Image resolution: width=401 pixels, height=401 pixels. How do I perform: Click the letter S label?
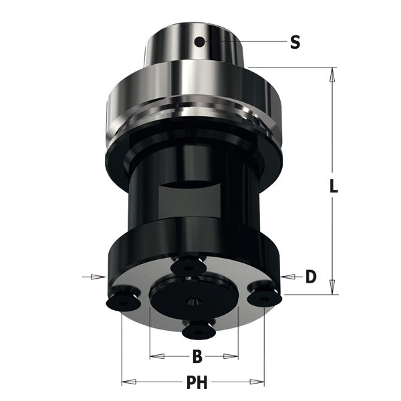[x=295, y=43]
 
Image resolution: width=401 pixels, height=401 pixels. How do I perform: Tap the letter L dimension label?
[x=333, y=188]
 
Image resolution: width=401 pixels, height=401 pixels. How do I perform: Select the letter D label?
[x=311, y=276]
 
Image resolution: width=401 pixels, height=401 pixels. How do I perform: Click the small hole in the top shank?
[x=198, y=42]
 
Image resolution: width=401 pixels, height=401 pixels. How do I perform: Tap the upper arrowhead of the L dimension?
[x=332, y=73]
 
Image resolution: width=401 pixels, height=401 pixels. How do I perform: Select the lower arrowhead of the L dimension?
[x=332, y=289]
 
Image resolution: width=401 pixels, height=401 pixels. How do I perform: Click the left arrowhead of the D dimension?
[x=101, y=276]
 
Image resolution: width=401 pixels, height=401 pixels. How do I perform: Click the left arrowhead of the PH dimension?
[x=127, y=382]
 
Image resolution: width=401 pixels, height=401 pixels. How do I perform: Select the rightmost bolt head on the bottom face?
[x=265, y=294]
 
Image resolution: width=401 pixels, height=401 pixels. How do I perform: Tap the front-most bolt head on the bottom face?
[x=195, y=328]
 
